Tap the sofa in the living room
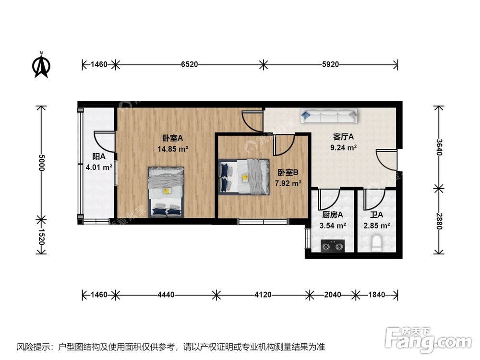coord(329,115)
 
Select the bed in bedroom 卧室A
coord(166,191)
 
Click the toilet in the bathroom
coord(378,243)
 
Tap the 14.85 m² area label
coord(173,149)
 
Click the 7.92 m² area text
coord(288,183)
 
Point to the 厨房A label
coord(333,215)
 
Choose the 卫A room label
coord(377,215)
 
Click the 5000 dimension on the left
coord(42,163)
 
